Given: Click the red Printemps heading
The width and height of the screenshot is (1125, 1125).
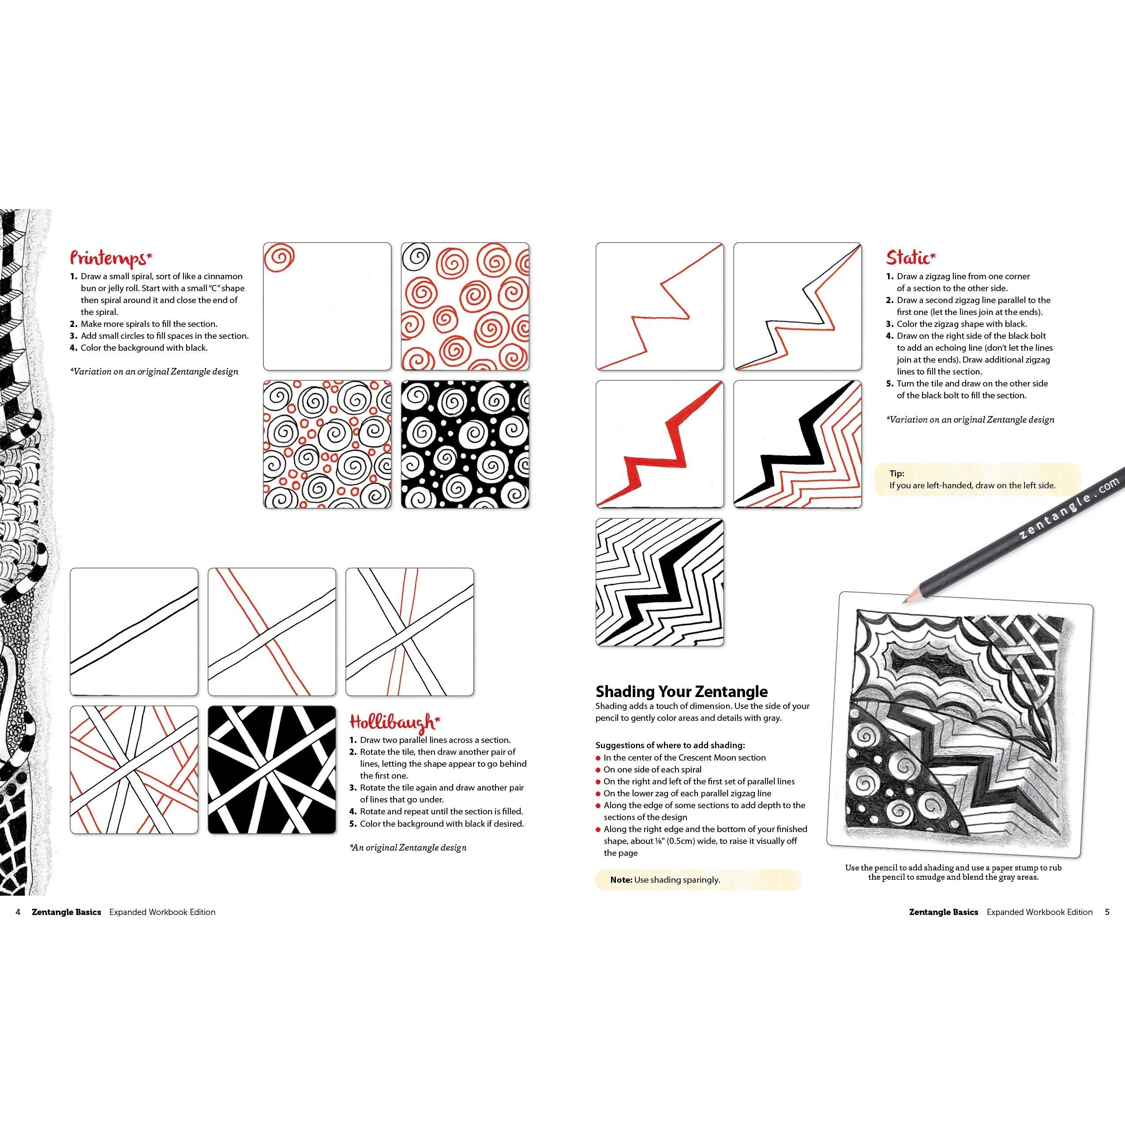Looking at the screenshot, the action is (111, 257).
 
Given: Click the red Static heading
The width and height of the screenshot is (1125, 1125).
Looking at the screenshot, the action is (911, 257).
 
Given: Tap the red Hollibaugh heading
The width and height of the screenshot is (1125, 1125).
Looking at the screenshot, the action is (394, 723).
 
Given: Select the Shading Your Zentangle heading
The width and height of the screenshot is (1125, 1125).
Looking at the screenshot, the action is (681, 691).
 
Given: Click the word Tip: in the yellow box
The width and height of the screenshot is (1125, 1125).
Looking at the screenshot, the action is (897, 473).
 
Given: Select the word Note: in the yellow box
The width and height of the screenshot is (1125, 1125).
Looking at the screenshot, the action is (621, 879).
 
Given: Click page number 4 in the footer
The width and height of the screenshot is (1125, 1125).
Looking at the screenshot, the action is (18, 912).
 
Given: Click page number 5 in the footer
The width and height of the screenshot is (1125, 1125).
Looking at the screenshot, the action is (1107, 912).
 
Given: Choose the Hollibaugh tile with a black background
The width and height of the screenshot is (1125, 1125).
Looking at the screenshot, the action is (272, 770).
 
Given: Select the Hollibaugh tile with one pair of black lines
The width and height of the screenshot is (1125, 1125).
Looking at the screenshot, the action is (134, 632).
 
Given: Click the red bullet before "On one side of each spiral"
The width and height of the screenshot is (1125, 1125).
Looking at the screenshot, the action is (598, 770).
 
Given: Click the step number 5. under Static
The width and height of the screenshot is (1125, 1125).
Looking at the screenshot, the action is (890, 383).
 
